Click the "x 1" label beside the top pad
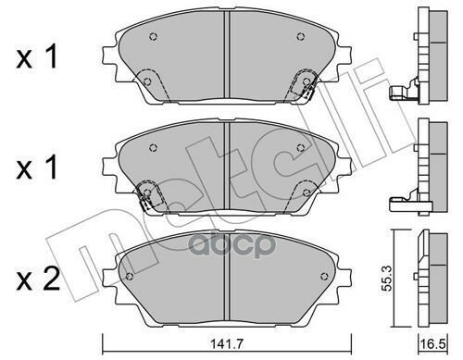click(40, 58)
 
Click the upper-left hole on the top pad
click(155, 38)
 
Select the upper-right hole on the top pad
click(299, 38)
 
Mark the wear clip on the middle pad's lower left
click(145, 195)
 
